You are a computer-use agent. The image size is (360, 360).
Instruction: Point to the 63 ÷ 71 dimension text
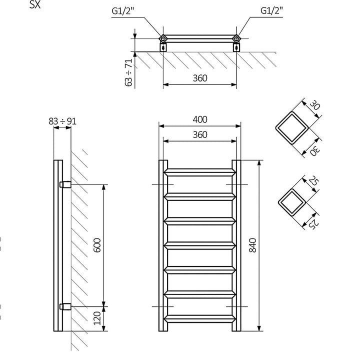129,72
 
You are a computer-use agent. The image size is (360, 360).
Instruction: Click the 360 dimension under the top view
199,78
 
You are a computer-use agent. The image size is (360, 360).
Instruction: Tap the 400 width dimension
199,119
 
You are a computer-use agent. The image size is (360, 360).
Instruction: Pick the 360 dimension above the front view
199,134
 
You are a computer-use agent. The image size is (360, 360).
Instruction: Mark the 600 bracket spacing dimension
97,244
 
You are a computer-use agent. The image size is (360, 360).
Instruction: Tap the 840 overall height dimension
253,244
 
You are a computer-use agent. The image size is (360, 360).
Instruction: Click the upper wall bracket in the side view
65,184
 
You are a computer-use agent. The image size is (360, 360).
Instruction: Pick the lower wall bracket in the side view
65,305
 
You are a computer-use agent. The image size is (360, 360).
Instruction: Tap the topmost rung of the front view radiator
199,171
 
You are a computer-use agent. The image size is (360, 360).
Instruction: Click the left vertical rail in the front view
163,245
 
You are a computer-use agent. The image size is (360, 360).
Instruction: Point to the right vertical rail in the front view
236,245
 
